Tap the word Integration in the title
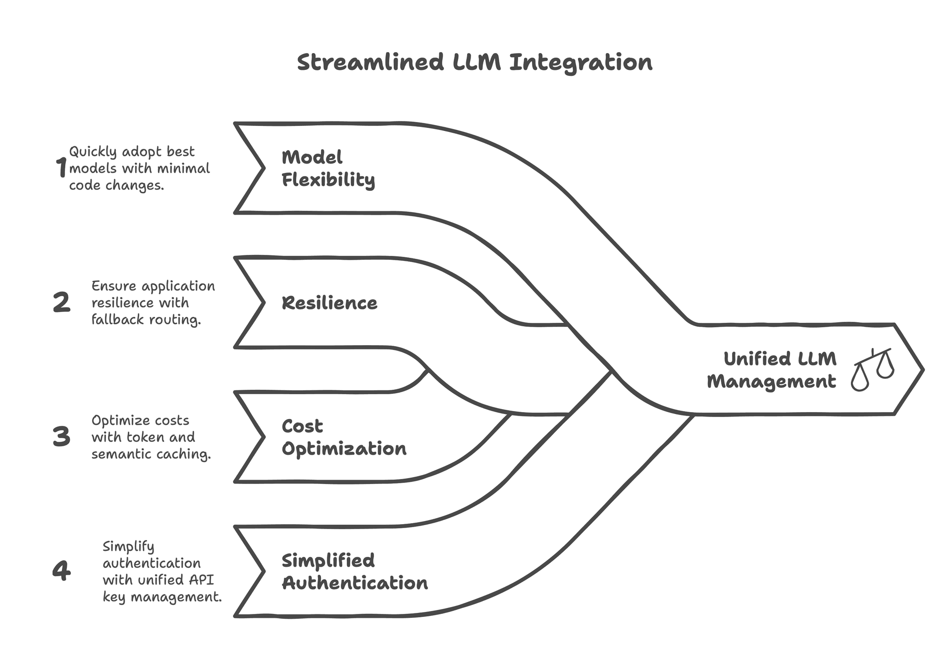tap(581, 62)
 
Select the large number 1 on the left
tap(61, 167)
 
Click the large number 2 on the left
tap(61, 302)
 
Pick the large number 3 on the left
tap(61, 436)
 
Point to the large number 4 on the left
tap(61, 570)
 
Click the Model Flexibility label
tap(327, 168)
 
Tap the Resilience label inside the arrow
tap(329, 303)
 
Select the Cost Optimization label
tap(343, 437)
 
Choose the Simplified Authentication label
tap(354, 572)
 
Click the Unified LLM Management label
tap(772, 370)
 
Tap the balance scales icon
tap(873, 369)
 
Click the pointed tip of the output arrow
tap(922, 369)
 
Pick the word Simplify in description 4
tap(128, 546)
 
